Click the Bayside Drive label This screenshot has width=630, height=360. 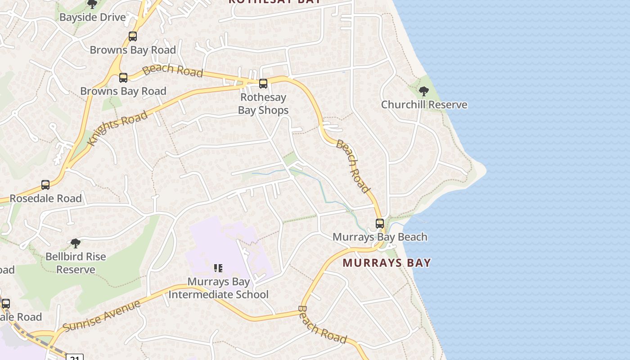point(92,18)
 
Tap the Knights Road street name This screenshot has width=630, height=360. point(118,128)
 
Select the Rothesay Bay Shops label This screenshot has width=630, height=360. point(263,103)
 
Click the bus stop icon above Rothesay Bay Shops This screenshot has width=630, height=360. point(263,84)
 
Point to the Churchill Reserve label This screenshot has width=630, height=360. point(424,105)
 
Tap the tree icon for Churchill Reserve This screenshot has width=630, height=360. point(423,92)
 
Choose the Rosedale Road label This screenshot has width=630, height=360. point(45,198)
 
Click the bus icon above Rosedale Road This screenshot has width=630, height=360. point(45,185)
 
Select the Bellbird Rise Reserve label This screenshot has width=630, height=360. point(76,263)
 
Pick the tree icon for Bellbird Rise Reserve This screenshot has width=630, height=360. point(76,243)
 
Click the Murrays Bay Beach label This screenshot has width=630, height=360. point(380,237)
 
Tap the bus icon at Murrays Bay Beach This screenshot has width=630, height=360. point(380,224)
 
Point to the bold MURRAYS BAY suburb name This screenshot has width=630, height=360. point(387,263)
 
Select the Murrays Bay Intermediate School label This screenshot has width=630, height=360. point(218,288)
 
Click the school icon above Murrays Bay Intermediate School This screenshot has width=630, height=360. point(218,269)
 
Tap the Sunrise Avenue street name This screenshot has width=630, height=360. point(102,316)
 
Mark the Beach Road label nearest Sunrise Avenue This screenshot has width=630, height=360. point(322,324)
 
